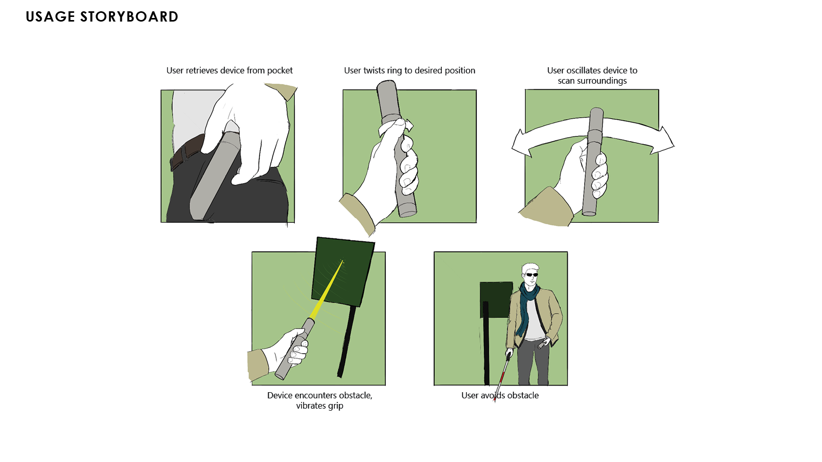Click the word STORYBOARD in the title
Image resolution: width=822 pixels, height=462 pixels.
(x=129, y=17)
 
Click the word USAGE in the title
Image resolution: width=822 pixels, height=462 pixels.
(x=50, y=17)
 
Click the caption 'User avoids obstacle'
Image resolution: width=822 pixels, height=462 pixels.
(x=500, y=396)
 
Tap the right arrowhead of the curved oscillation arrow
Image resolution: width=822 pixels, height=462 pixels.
(x=663, y=141)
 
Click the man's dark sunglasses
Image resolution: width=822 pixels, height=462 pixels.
(x=531, y=275)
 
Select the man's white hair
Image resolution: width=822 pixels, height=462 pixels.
(x=530, y=268)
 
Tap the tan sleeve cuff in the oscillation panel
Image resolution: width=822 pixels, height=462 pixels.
(x=546, y=207)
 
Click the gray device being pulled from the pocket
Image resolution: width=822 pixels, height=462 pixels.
(x=215, y=176)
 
